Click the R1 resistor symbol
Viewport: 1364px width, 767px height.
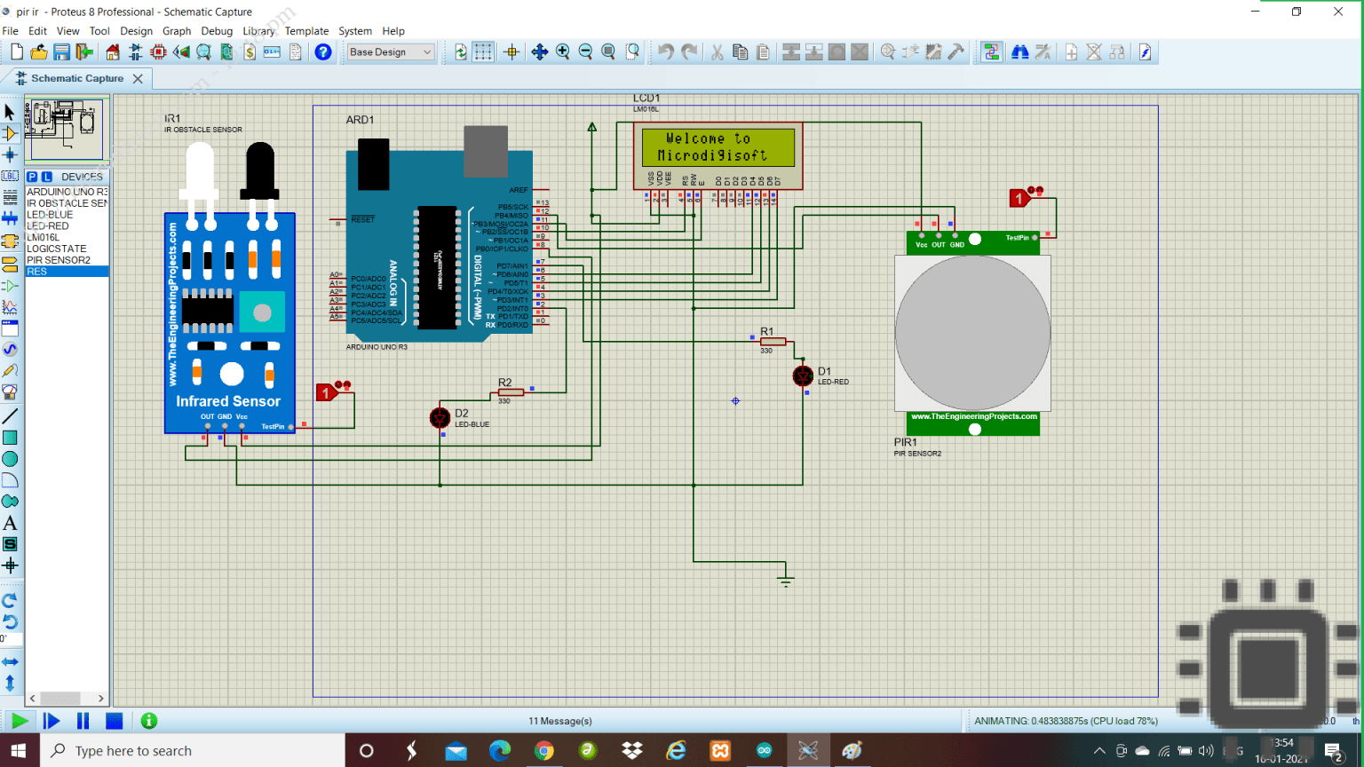(773, 341)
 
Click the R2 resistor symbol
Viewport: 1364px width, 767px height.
(511, 391)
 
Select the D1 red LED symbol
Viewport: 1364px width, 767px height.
(803, 376)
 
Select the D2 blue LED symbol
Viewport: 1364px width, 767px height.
(440, 417)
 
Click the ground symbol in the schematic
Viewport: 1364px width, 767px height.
(785, 581)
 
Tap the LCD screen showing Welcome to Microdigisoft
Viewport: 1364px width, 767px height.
(718, 147)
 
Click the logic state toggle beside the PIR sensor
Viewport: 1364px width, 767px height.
(1019, 198)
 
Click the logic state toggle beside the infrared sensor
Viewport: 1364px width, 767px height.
(326, 392)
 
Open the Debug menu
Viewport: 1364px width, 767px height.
(217, 31)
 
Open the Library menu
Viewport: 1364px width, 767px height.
(258, 31)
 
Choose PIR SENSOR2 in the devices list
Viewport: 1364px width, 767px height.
(59, 260)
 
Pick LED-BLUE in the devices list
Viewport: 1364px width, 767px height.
(50, 215)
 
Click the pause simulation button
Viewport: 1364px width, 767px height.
(83, 721)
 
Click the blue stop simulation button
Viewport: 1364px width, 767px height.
(114, 721)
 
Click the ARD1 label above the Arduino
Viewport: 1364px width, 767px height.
(360, 120)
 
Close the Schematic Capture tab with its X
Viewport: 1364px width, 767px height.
(138, 79)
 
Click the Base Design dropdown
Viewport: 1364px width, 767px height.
(391, 52)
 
